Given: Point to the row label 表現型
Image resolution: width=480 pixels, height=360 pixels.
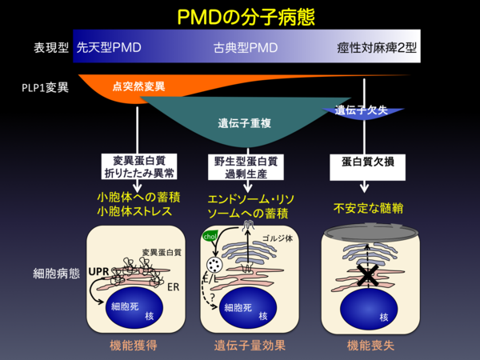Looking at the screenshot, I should point(39,48).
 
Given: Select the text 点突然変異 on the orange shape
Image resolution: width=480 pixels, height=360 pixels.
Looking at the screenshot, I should point(138,85).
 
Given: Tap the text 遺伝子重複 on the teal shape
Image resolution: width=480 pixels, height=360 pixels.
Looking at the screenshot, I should point(243,124).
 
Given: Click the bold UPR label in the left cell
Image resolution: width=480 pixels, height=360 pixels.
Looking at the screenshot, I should point(98,271).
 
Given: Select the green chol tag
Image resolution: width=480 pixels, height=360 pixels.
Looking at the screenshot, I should point(211,237).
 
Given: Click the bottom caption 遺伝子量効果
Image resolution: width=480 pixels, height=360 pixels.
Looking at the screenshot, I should point(248,346).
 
